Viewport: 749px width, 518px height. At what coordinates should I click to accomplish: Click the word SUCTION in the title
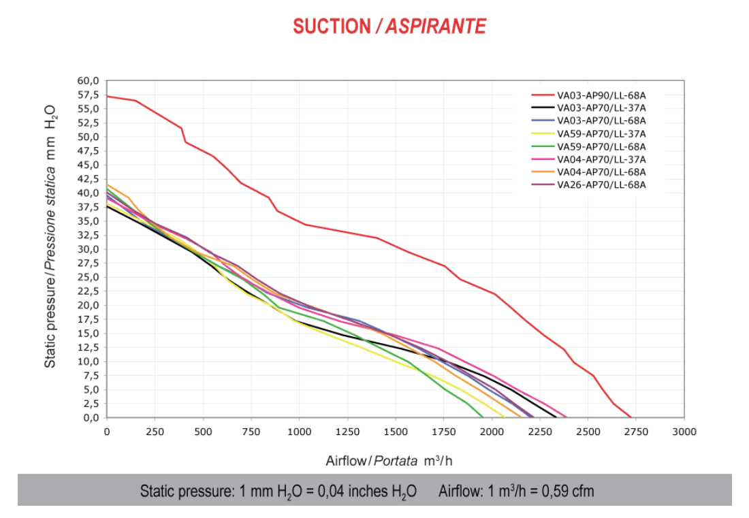point(332,27)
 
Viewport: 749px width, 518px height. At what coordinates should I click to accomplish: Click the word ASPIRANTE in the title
point(436,27)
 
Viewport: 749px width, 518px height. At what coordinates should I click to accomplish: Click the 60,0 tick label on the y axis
point(88,81)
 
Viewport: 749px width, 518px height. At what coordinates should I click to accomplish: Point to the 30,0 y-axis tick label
point(88,249)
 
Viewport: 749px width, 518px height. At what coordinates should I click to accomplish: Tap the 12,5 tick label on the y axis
point(88,348)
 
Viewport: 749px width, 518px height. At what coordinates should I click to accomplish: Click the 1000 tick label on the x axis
point(299,432)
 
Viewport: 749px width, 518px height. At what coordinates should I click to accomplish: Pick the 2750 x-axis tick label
point(636,432)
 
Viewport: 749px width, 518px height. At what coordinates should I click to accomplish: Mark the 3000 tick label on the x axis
point(684,432)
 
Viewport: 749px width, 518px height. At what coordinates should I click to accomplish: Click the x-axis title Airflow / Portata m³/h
point(389,461)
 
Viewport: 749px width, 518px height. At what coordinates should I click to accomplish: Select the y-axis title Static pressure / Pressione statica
point(50,268)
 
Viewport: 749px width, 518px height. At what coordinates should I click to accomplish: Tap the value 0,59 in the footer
point(553,491)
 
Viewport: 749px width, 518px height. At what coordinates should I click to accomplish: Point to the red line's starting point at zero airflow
point(107,97)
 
